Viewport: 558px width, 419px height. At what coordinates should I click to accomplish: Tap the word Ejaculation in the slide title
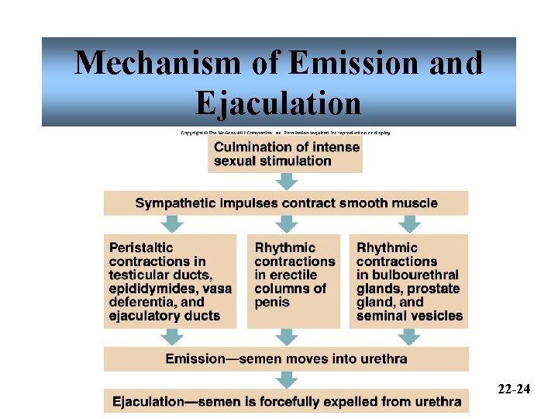(279, 102)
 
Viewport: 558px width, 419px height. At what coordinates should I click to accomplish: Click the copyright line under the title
(286, 133)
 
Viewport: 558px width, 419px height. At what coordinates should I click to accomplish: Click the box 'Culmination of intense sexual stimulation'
(285, 154)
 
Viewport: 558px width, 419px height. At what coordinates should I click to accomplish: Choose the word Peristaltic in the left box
(143, 248)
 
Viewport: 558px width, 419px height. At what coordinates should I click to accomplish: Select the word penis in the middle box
(272, 302)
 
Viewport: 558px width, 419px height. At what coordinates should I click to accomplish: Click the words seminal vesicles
(409, 316)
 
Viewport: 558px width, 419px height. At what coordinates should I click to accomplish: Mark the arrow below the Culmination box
(288, 182)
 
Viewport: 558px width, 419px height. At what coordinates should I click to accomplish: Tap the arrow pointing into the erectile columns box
(288, 224)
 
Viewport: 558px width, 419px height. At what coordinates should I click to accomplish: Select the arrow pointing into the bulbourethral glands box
(409, 224)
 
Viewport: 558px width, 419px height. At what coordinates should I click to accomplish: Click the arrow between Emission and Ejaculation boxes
(288, 379)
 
